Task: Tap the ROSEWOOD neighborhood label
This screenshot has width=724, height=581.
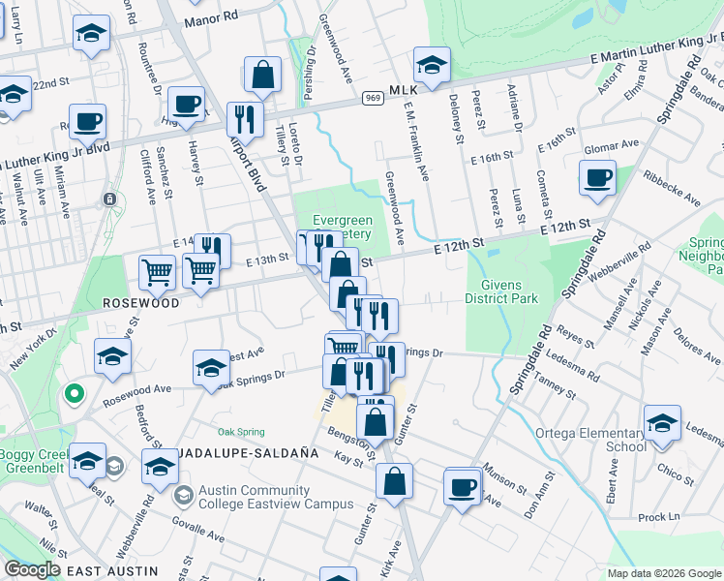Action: click(x=141, y=303)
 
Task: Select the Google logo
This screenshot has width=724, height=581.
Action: click(x=33, y=568)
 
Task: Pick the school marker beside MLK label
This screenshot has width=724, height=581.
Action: click(x=432, y=65)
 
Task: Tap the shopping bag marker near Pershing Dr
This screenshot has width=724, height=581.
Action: click(x=261, y=74)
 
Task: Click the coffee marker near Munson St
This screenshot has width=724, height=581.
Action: click(x=463, y=485)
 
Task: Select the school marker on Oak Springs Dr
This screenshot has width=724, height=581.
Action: click(x=210, y=368)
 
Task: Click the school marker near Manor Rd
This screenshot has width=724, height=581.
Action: click(x=91, y=36)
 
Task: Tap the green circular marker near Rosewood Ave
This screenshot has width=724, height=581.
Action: click(x=73, y=394)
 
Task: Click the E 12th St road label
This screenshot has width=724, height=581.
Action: click(x=565, y=226)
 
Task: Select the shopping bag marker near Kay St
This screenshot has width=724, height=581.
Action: click(x=395, y=481)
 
